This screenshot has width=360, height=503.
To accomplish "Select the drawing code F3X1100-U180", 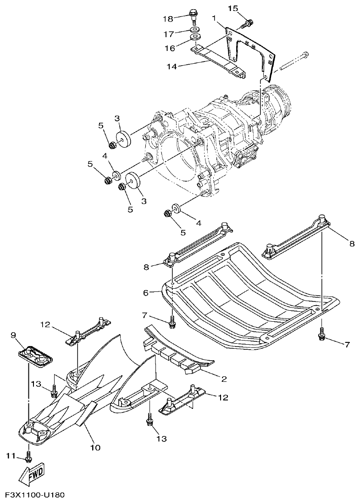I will [35, 495].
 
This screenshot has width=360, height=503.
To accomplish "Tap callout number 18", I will [168, 18].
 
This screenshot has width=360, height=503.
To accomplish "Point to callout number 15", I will [233, 8].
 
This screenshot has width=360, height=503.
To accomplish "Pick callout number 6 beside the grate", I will [146, 292].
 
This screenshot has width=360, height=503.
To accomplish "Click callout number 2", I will [224, 379].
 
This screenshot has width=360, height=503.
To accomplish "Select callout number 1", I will [214, 18].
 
